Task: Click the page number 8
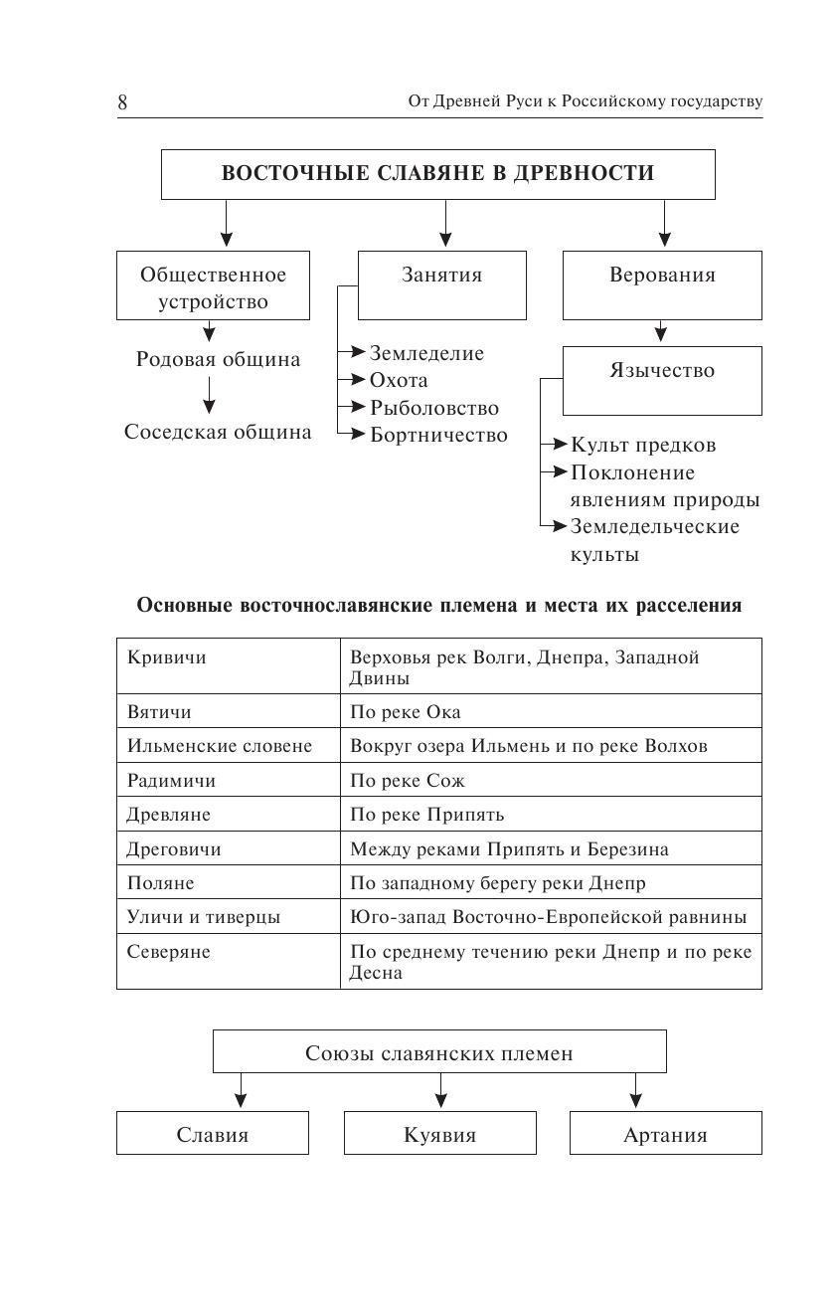tap(122, 102)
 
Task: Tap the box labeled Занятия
tap(442, 284)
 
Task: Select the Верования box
tap(662, 284)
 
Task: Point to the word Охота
tap(399, 380)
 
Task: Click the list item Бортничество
tap(438, 435)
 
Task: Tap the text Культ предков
tap(643, 445)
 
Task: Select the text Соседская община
tap(218, 432)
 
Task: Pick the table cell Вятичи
tap(159, 712)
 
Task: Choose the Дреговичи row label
tap(174, 849)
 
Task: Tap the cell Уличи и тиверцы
tap(204, 917)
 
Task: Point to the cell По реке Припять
tap(427, 815)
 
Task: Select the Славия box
tap(212, 1134)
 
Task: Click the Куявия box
tap(439, 1134)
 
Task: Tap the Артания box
tap(665, 1134)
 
